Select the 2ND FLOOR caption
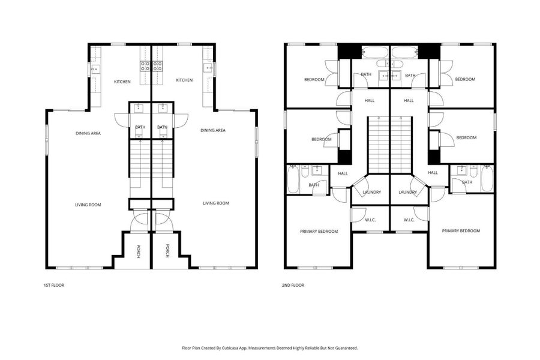click(293, 285)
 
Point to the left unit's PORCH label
click(138, 251)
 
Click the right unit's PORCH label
click(167, 251)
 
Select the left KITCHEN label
click(123, 81)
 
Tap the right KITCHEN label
click(184, 80)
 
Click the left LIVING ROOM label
click(88, 205)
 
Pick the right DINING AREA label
click(212, 130)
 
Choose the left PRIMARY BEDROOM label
click(319, 231)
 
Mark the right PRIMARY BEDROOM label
click(461, 230)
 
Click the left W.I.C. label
click(371, 220)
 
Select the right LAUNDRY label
click(408, 192)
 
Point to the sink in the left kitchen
click(95, 70)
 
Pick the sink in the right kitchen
click(208, 68)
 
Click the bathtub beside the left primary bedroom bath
click(293, 179)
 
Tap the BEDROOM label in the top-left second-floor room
click(314, 79)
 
